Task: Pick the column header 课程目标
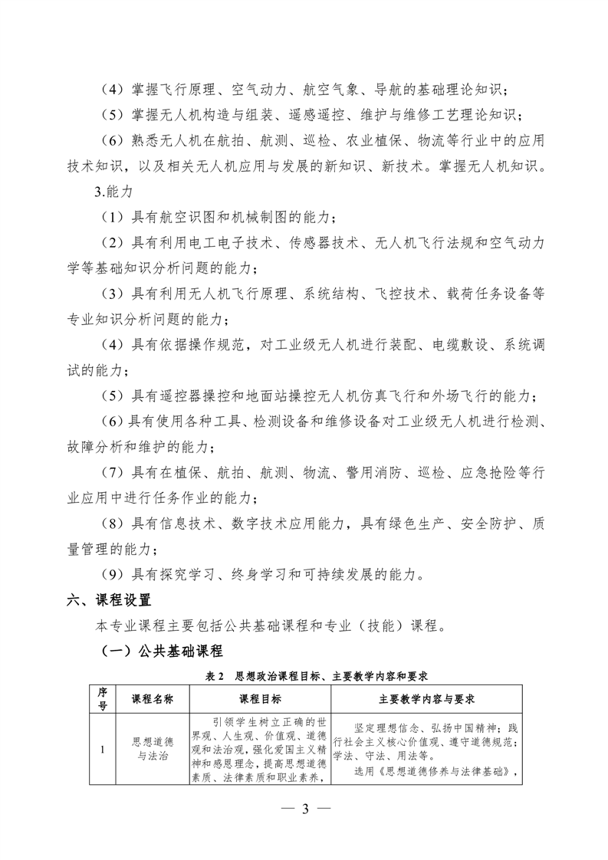260,699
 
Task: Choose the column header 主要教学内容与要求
427,699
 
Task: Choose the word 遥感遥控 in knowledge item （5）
312,116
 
